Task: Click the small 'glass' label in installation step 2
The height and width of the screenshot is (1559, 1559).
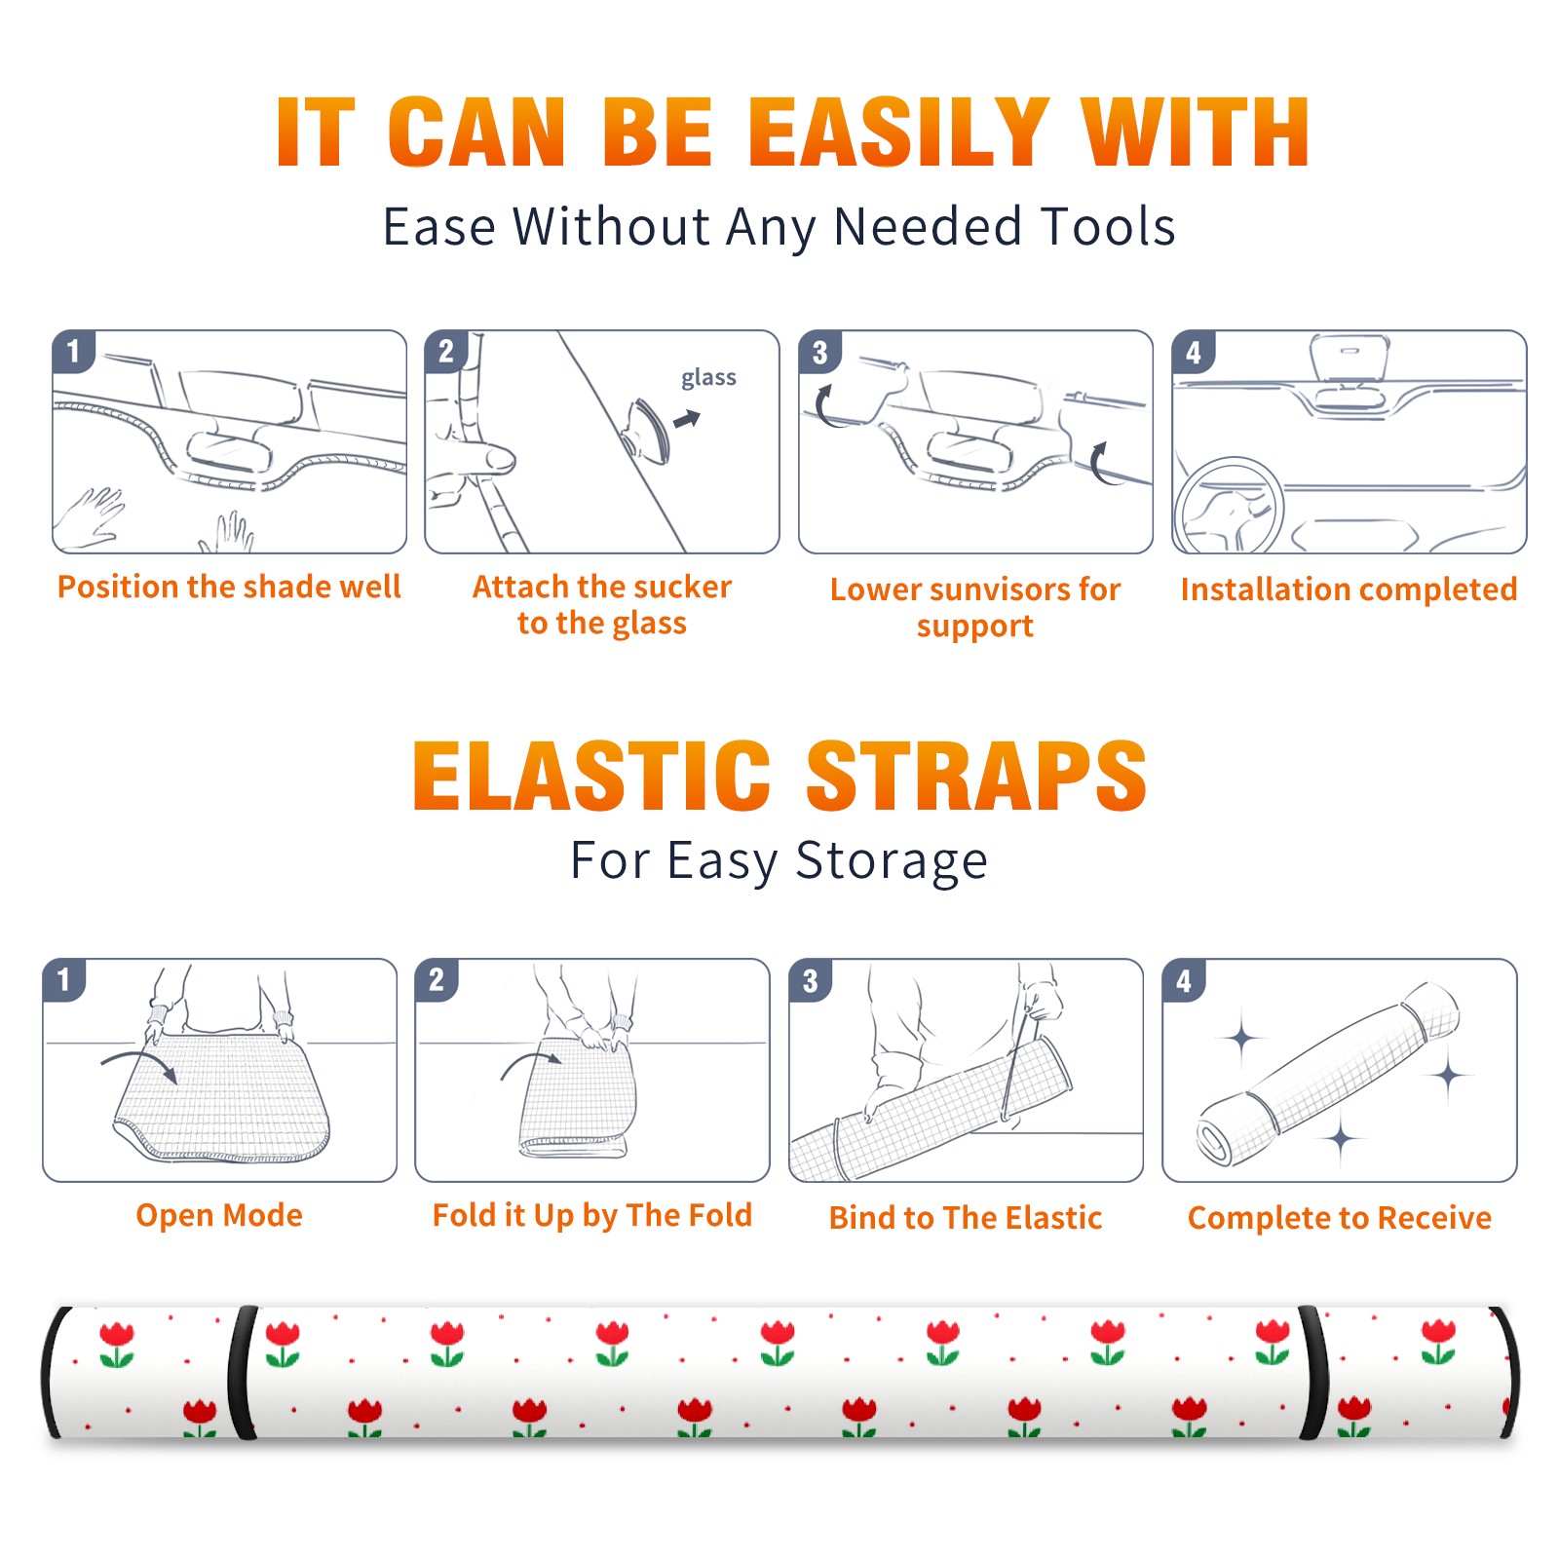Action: pyautogui.click(x=708, y=378)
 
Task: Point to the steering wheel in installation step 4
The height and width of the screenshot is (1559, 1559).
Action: pyautogui.click(x=1230, y=505)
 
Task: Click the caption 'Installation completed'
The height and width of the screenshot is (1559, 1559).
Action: pyautogui.click(x=1349, y=589)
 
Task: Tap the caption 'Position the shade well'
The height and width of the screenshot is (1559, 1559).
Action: pyautogui.click(x=229, y=587)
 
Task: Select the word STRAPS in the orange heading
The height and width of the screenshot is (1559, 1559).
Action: pyautogui.click(x=976, y=776)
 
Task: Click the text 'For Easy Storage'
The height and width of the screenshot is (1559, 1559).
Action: pyautogui.click(x=779, y=861)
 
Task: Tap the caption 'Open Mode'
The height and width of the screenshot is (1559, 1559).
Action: pyautogui.click(x=219, y=1215)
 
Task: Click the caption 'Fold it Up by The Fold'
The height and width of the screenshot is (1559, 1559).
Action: pyautogui.click(x=592, y=1216)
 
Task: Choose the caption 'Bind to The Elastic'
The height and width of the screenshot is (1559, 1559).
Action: pyautogui.click(x=966, y=1218)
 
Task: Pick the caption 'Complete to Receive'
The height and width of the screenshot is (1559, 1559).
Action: pyautogui.click(x=1340, y=1218)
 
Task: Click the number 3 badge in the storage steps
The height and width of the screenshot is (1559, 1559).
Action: pyautogui.click(x=810, y=980)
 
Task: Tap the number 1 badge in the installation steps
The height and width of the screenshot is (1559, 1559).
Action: pyautogui.click(x=73, y=351)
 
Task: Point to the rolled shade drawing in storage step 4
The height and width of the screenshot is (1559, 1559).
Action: pyautogui.click(x=1329, y=1074)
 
